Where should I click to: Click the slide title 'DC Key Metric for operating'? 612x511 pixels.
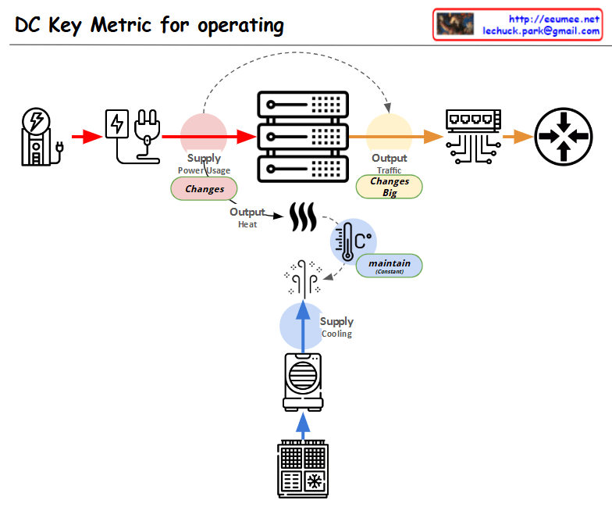click(150, 25)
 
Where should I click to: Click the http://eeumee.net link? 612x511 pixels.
click(553, 18)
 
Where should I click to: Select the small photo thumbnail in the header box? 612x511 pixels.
click(455, 24)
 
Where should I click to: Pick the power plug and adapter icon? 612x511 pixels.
click(131, 136)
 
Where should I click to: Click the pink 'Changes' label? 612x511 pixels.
click(204, 189)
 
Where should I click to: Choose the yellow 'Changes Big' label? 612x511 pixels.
click(389, 187)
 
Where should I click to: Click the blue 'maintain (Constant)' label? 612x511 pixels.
click(389, 265)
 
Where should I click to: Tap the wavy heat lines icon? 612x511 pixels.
click(303, 216)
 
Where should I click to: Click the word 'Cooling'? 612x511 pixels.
click(336, 334)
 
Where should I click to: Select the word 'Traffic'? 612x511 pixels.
click(389, 170)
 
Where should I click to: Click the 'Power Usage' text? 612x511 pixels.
click(204, 170)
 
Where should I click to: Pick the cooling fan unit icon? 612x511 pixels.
click(304, 381)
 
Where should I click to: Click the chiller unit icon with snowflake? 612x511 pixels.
click(304, 469)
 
